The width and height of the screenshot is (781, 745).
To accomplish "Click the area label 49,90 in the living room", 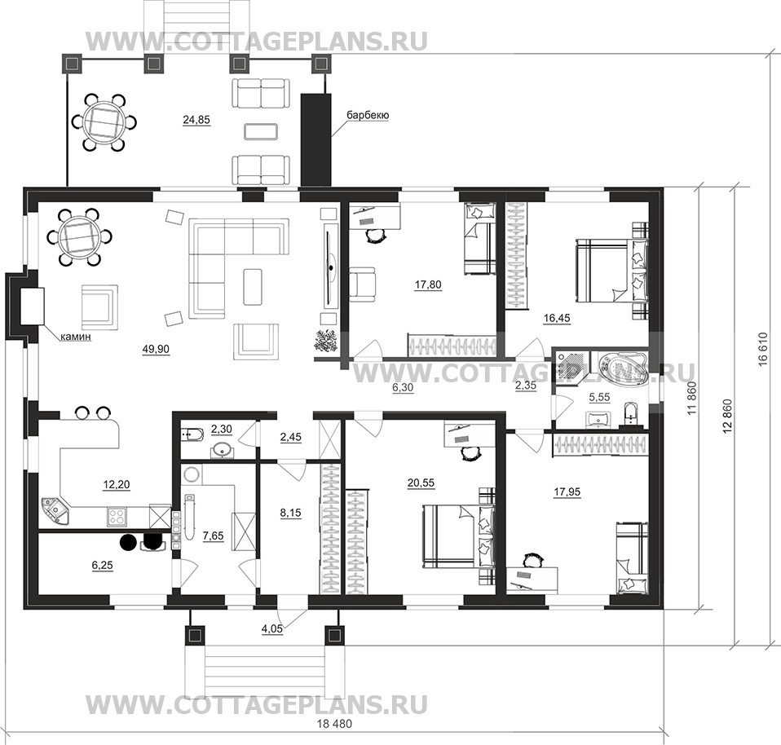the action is point(156,350).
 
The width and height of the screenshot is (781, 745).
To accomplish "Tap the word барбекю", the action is point(368,116).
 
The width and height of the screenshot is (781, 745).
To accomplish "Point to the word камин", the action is point(76,337).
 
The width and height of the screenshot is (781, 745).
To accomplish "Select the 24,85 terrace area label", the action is point(196,120).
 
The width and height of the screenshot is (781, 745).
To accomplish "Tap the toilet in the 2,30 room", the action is point(192,435).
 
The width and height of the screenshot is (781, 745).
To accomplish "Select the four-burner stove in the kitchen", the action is point(117,516).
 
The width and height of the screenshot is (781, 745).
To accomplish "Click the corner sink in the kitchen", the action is point(55,511).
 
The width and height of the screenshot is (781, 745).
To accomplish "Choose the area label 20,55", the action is point(421,483).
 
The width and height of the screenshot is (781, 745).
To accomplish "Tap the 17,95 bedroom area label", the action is point(567,492).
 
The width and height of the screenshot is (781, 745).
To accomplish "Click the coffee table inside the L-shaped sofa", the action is point(252,287).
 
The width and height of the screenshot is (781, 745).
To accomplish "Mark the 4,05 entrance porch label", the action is point(272,629).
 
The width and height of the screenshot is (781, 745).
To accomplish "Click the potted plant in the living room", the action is point(327,342).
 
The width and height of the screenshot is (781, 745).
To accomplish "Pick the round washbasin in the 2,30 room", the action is point(219,450).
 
